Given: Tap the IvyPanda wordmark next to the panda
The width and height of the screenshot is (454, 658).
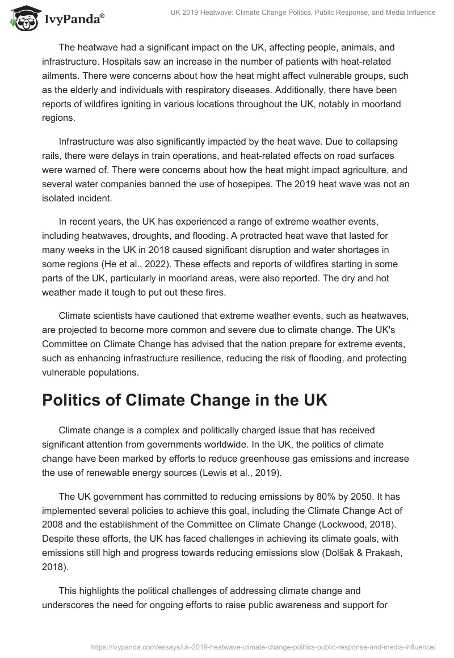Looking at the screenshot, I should click(x=74, y=20).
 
